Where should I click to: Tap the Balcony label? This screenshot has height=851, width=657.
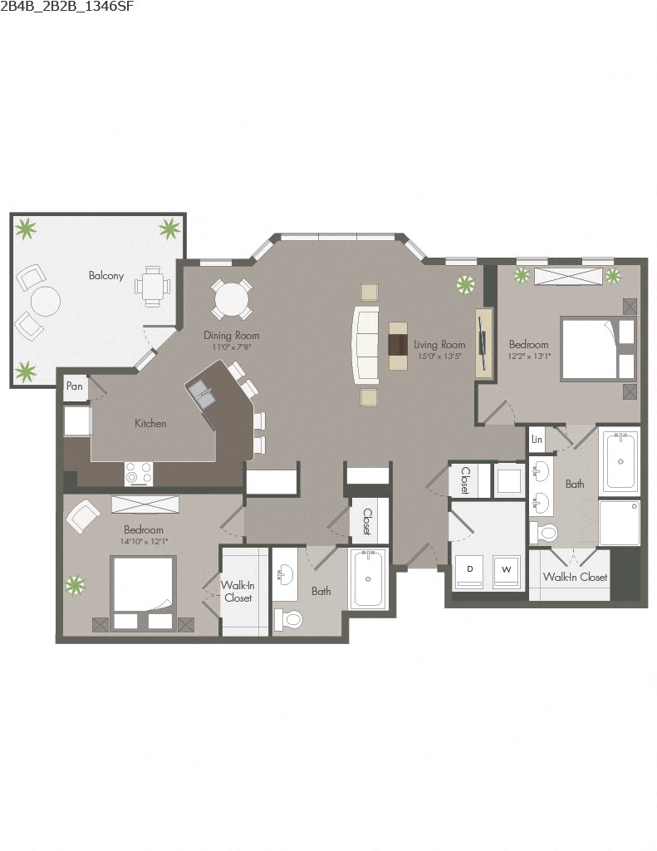(x=106, y=275)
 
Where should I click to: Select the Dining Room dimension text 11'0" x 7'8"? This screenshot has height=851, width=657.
(x=232, y=347)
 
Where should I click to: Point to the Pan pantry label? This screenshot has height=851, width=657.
(x=74, y=386)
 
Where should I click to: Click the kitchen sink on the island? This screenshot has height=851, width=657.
(x=201, y=391)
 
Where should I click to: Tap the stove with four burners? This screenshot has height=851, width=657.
(x=139, y=473)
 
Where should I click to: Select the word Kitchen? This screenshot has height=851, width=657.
(x=150, y=423)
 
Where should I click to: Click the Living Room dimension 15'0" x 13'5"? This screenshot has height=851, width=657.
(x=439, y=356)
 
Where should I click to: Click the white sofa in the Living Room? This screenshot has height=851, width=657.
(x=366, y=345)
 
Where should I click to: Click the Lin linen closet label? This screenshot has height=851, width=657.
(x=537, y=439)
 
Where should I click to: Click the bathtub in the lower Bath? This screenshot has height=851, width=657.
(x=368, y=578)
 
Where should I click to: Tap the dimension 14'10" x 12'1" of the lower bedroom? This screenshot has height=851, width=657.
(x=144, y=541)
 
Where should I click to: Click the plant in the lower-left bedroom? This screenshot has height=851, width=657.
(x=76, y=585)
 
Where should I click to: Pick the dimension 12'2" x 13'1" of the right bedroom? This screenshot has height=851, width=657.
(x=528, y=356)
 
